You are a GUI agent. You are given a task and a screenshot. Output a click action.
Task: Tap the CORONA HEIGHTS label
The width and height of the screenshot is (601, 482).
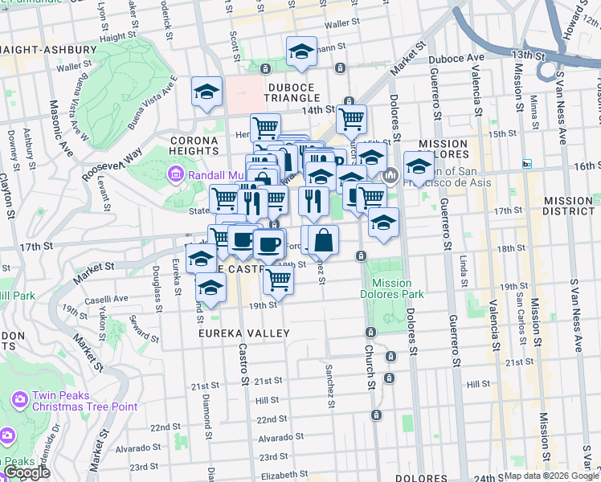[194, 145]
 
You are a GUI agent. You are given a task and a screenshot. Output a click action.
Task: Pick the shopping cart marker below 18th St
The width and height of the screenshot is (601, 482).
[278, 279]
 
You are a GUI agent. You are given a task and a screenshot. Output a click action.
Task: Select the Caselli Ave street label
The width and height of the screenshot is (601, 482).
[110, 298]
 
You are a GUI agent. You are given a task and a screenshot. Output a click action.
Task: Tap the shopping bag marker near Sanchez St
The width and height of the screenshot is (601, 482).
[323, 239]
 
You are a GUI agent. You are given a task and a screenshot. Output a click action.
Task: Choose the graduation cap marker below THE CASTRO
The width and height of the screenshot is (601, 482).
[211, 288]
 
